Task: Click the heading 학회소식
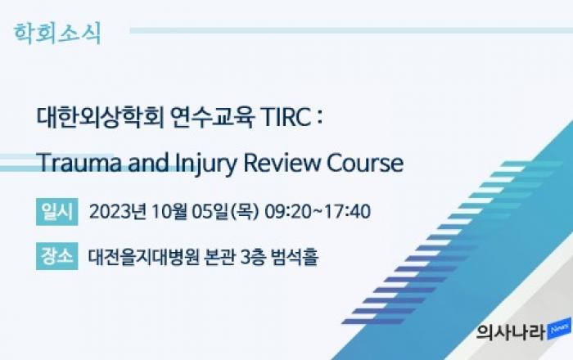click(57, 34)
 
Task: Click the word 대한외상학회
click(100, 118)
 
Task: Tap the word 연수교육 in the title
click(212, 118)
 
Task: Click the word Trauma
click(79, 163)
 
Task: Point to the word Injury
click(206, 164)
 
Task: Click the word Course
click(365, 163)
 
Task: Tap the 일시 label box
click(57, 212)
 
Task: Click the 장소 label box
click(57, 256)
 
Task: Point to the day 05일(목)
click(225, 212)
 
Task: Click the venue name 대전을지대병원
click(143, 256)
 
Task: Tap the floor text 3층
click(253, 256)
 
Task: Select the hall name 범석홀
click(295, 256)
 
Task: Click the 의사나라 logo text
click(511, 333)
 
